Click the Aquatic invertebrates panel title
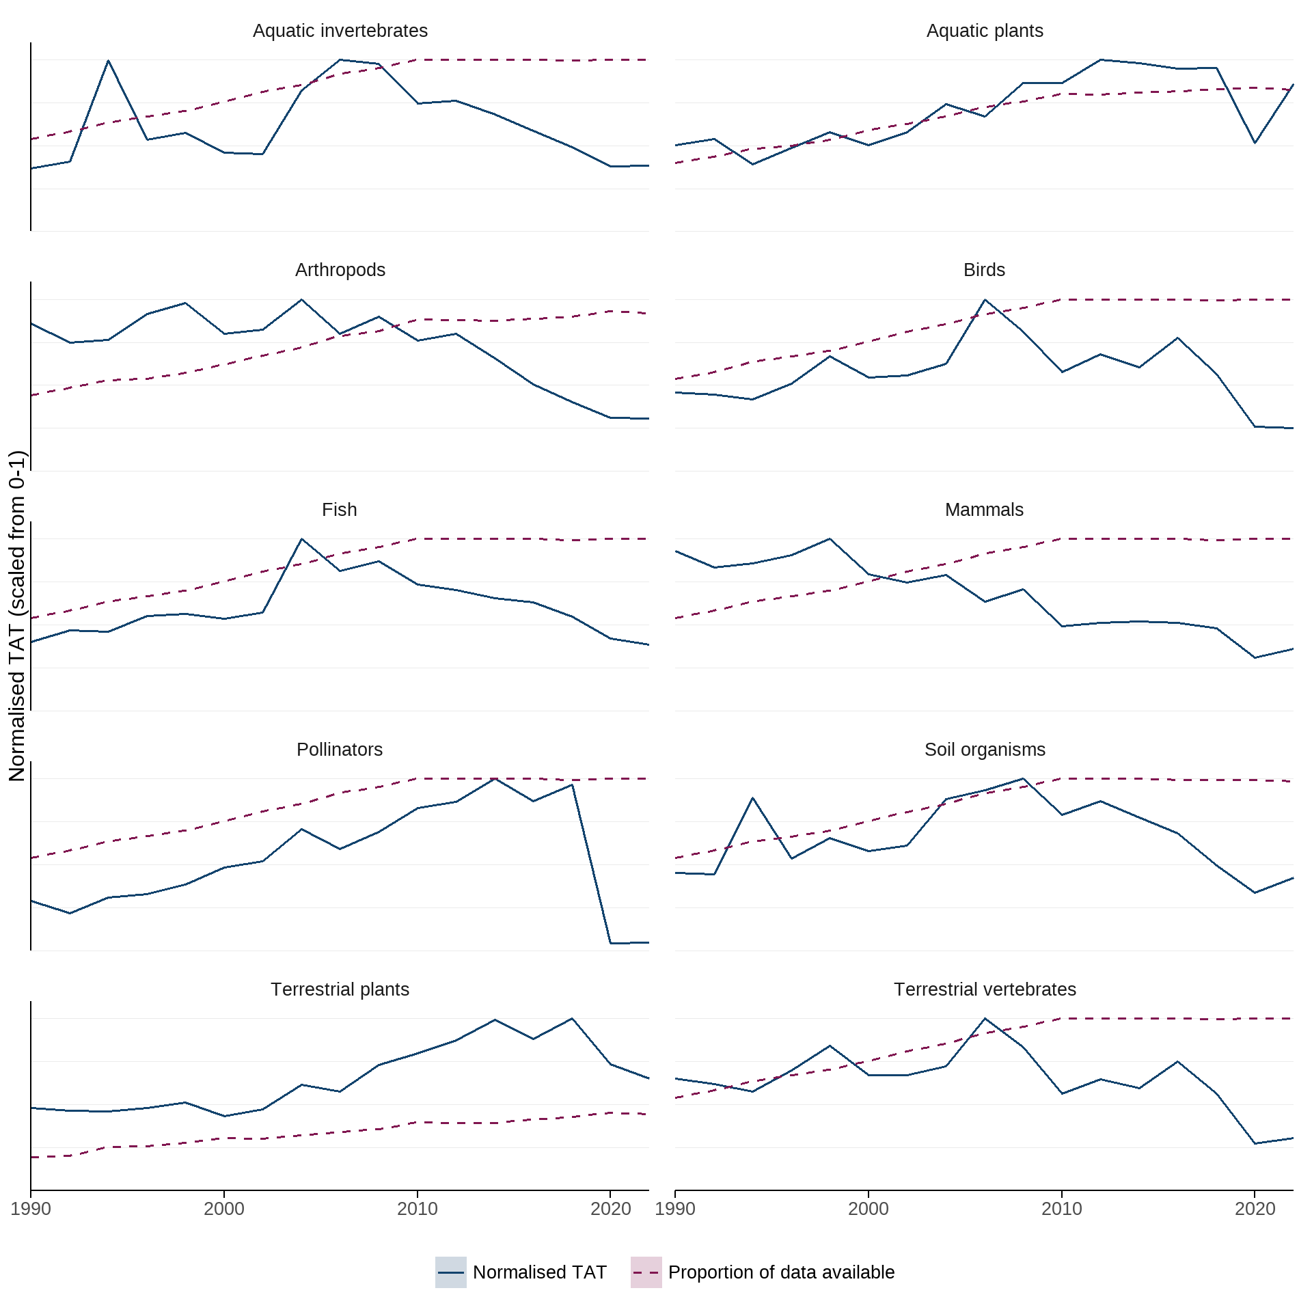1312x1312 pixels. (340, 31)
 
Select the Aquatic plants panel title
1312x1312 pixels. (984, 31)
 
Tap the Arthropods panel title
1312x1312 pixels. (340, 270)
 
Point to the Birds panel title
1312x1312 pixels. (984, 270)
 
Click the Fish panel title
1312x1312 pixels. (339, 510)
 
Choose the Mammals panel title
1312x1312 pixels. (984, 510)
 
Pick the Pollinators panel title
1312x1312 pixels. (339, 750)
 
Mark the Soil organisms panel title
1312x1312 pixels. (984, 750)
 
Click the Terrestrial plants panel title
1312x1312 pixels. (340, 989)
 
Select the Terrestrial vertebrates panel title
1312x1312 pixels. (984, 989)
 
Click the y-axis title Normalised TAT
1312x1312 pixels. (17, 615)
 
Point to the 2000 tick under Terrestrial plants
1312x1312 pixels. (224, 1209)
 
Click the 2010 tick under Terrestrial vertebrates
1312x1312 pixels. (1061, 1209)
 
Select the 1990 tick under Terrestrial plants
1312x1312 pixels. (31, 1209)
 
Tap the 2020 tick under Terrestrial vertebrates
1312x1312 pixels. (1255, 1209)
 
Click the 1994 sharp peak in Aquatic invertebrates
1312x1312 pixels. (108, 61)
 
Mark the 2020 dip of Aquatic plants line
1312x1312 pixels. (1255, 143)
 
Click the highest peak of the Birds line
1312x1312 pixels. (985, 300)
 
